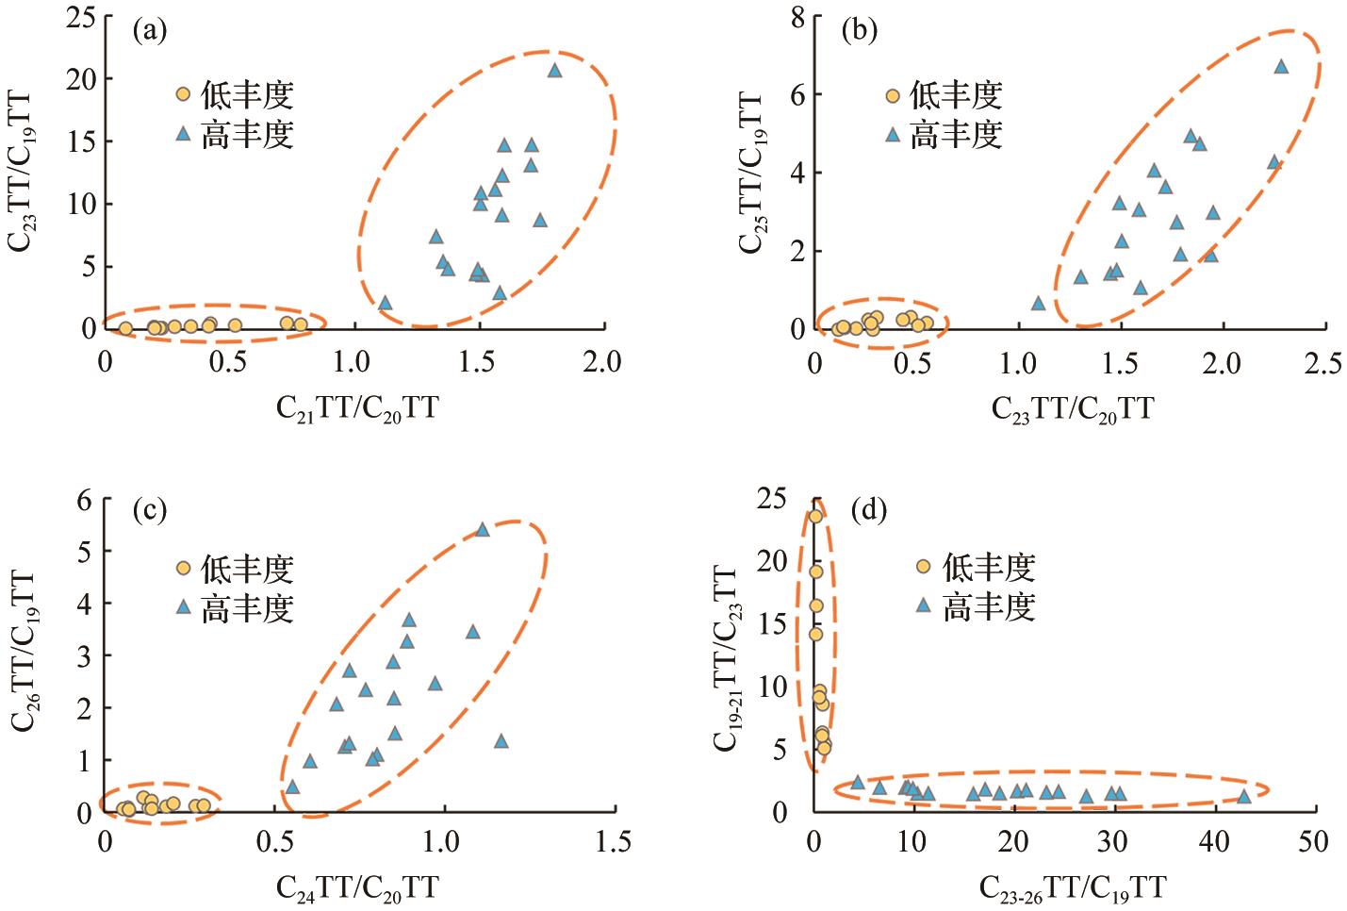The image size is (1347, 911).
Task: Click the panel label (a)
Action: (149, 31)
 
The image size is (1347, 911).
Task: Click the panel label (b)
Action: (858, 31)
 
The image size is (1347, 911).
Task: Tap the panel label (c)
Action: (149, 510)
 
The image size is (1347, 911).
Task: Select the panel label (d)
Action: (868, 510)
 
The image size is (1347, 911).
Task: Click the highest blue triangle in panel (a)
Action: (554, 70)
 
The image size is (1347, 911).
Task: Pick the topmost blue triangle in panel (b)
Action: (1281, 66)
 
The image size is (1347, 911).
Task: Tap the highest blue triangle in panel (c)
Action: (483, 529)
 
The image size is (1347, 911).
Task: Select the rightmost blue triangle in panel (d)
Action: (1243, 796)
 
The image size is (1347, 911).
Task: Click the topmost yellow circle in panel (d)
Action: (815, 516)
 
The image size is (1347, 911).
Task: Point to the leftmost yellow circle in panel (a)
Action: (125, 328)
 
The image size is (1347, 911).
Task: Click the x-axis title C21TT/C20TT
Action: (356, 407)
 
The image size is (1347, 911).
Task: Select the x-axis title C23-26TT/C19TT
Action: (1072, 887)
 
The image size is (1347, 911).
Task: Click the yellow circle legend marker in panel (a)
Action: (184, 94)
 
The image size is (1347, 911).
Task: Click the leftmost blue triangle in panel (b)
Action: (1038, 303)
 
